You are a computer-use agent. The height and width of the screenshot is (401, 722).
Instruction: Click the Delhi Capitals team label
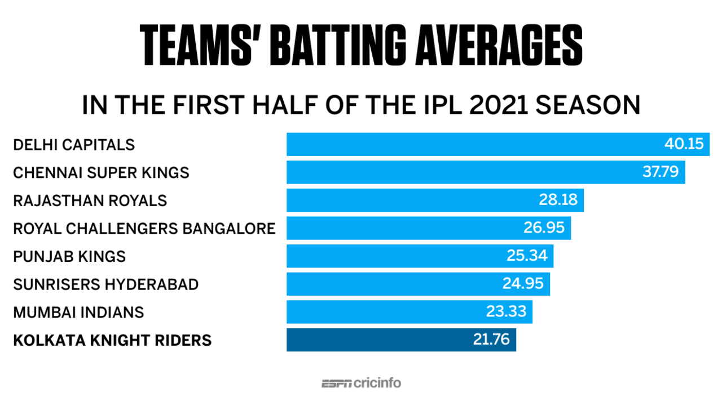point(74,145)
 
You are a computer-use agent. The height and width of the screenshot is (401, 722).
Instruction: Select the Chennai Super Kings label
point(101,172)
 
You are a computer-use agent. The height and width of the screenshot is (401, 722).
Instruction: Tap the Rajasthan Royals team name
point(90,200)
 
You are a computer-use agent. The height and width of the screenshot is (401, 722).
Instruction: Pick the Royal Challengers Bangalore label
point(144,228)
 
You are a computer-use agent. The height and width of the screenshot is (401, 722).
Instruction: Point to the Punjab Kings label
point(69,256)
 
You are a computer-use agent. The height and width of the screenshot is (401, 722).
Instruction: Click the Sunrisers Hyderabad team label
point(105,284)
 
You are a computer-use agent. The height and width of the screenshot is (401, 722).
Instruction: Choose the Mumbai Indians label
point(78,312)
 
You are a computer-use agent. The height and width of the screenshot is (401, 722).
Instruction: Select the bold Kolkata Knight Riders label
point(112,340)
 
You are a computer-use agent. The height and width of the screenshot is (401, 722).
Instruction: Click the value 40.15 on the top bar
point(684,144)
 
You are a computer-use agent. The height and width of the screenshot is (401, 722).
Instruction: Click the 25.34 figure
point(527,256)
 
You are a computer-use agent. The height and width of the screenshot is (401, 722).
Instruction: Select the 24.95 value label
point(523,284)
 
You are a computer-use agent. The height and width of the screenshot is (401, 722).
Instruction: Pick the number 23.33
point(506,312)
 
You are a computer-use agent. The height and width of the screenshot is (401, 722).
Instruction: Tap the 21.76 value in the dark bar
point(489,340)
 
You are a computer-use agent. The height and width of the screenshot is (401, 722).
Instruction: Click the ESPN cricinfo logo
point(361,383)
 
